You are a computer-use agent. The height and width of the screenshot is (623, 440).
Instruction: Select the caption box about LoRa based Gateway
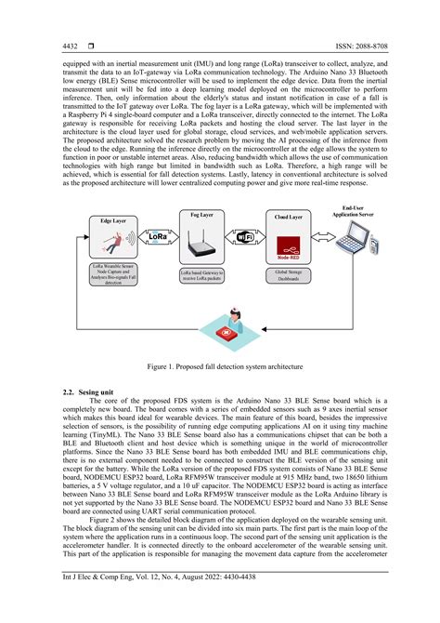[201, 275]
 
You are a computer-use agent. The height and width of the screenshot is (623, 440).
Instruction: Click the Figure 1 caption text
[220, 367]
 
